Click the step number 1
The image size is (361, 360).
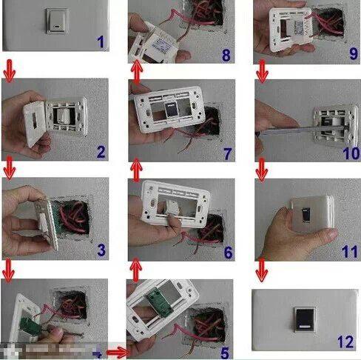101,41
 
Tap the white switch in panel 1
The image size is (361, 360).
57,21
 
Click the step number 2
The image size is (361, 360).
101,152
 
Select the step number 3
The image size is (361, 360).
101,250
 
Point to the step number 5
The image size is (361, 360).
225,353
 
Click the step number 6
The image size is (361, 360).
228,253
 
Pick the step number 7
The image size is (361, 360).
228,153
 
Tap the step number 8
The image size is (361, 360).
226,55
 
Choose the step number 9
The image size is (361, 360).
354,53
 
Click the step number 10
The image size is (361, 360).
351,153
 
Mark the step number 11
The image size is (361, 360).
349,252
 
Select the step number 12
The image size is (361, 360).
345,341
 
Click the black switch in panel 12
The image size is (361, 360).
305,319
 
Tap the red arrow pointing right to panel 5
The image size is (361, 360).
117,352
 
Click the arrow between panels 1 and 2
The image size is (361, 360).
10,71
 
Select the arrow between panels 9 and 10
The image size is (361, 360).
262,71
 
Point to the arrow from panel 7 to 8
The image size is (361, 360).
137,73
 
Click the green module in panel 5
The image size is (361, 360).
159,303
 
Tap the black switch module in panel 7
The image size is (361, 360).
171,110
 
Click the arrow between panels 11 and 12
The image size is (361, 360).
261,270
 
